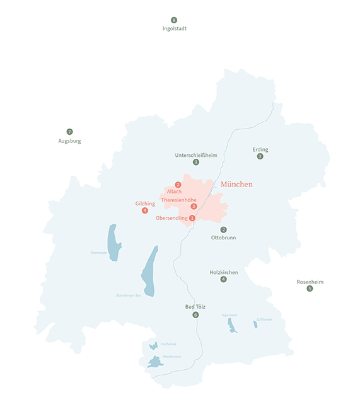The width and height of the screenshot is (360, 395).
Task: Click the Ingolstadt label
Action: pos(174,28)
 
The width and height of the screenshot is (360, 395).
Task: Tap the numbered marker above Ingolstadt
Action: pos(174,20)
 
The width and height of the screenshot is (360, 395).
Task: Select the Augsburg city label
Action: pos(69,141)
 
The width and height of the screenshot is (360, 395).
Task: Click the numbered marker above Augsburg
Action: pos(69,132)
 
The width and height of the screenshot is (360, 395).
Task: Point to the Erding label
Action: pos(260,149)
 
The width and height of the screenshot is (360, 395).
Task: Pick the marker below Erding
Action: pos(260,156)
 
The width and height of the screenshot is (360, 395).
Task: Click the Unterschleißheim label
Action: pos(196,154)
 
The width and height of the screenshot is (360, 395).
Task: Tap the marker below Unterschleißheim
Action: pos(196,162)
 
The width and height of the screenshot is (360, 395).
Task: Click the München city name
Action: pos(236,184)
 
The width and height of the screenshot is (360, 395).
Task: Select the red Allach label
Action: pos(175,191)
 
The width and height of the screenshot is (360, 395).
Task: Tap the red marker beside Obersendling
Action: pos(192,218)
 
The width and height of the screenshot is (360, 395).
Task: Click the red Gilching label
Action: pos(145,203)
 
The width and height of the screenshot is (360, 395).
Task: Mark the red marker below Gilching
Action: pos(145,210)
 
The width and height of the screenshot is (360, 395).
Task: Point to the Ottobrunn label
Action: pos(224,238)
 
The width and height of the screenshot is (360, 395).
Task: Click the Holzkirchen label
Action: pos(224,272)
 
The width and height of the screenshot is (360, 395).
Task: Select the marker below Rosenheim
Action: pos(310,289)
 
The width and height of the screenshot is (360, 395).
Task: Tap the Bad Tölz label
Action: pos(195,307)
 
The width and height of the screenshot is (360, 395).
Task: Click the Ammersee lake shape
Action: pos(113,238)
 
